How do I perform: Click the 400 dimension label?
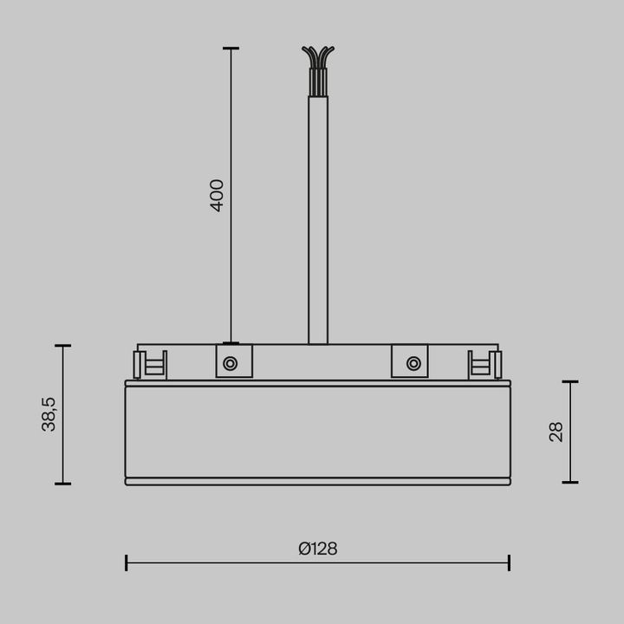(x=218, y=195)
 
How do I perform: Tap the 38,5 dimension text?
(x=49, y=414)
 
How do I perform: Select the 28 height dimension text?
(x=556, y=432)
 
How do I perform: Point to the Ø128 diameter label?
(x=317, y=549)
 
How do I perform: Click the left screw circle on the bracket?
(x=231, y=363)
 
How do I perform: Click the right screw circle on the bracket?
(x=413, y=363)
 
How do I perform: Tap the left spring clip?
(x=149, y=365)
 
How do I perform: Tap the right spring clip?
(x=484, y=365)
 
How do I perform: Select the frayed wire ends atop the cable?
(x=318, y=57)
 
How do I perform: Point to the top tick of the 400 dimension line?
(x=231, y=49)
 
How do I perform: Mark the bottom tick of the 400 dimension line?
(x=231, y=343)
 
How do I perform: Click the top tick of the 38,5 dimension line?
(x=62, y=346)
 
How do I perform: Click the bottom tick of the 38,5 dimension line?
(x=62, y=484)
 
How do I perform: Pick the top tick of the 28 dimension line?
(x=570, y=381)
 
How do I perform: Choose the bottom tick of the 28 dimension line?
(x=570, y=482)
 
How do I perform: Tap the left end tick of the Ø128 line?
(x=127, y=562)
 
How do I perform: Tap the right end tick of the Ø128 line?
(x=509, y=562)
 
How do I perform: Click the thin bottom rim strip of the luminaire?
(x=317, y=481)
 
